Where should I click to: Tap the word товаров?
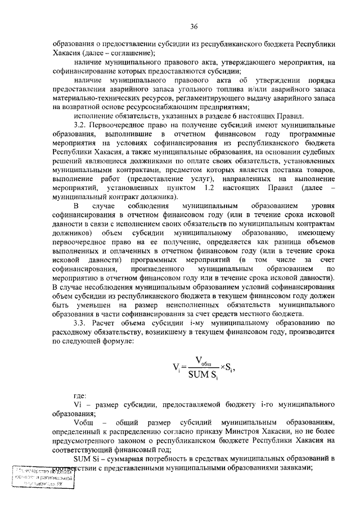(x=318, y=170)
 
